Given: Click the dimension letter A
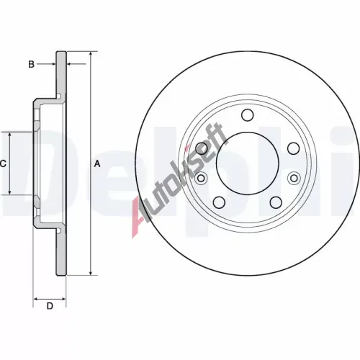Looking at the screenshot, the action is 97,163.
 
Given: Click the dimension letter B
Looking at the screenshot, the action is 31,64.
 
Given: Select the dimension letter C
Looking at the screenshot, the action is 3,163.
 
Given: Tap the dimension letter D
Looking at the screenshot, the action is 50,306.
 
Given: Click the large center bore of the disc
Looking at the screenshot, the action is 248,163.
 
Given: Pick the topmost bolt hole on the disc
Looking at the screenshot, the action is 248,115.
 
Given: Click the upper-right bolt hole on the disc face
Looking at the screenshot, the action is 293,148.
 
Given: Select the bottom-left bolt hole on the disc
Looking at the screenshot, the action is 219,202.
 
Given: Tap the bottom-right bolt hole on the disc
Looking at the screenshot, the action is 276,202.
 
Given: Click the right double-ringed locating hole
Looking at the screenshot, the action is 294,178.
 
